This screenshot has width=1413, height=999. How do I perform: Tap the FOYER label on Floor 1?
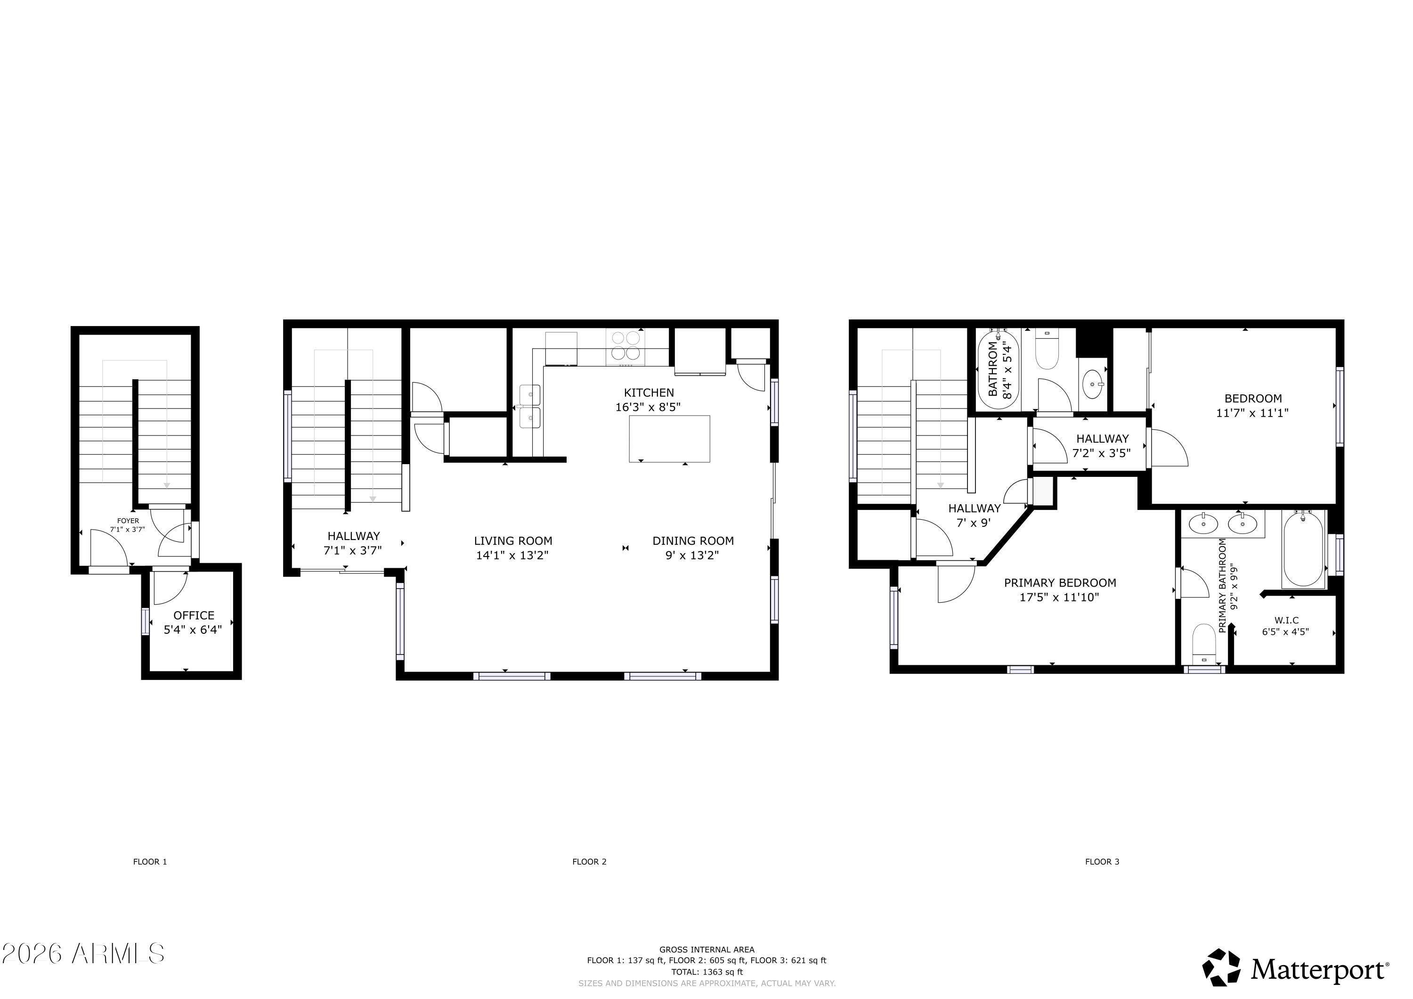click(x=128, y=521)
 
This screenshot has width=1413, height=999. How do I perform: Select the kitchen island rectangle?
click(x=669, y=438)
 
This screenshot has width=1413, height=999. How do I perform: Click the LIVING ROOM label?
click(x=512, y=541)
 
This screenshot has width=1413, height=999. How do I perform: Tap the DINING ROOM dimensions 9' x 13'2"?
click(x=693, y=555)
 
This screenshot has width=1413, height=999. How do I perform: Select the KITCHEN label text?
click(x=649, y=393)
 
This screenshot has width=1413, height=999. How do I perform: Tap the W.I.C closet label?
click(x=1286, y=621)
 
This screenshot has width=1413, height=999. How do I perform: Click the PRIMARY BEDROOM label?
click(x=1060, y=583)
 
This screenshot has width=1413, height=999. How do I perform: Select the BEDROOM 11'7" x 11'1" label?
click(x=1252, y=406)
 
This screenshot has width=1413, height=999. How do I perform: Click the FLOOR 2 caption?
click(x=589, y=862)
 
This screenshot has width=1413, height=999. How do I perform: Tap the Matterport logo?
click(x=1295, y=969)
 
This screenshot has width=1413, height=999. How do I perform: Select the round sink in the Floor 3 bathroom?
click(x=1093, y=385)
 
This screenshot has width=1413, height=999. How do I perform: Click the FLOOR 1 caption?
click(x=150, y=862)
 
